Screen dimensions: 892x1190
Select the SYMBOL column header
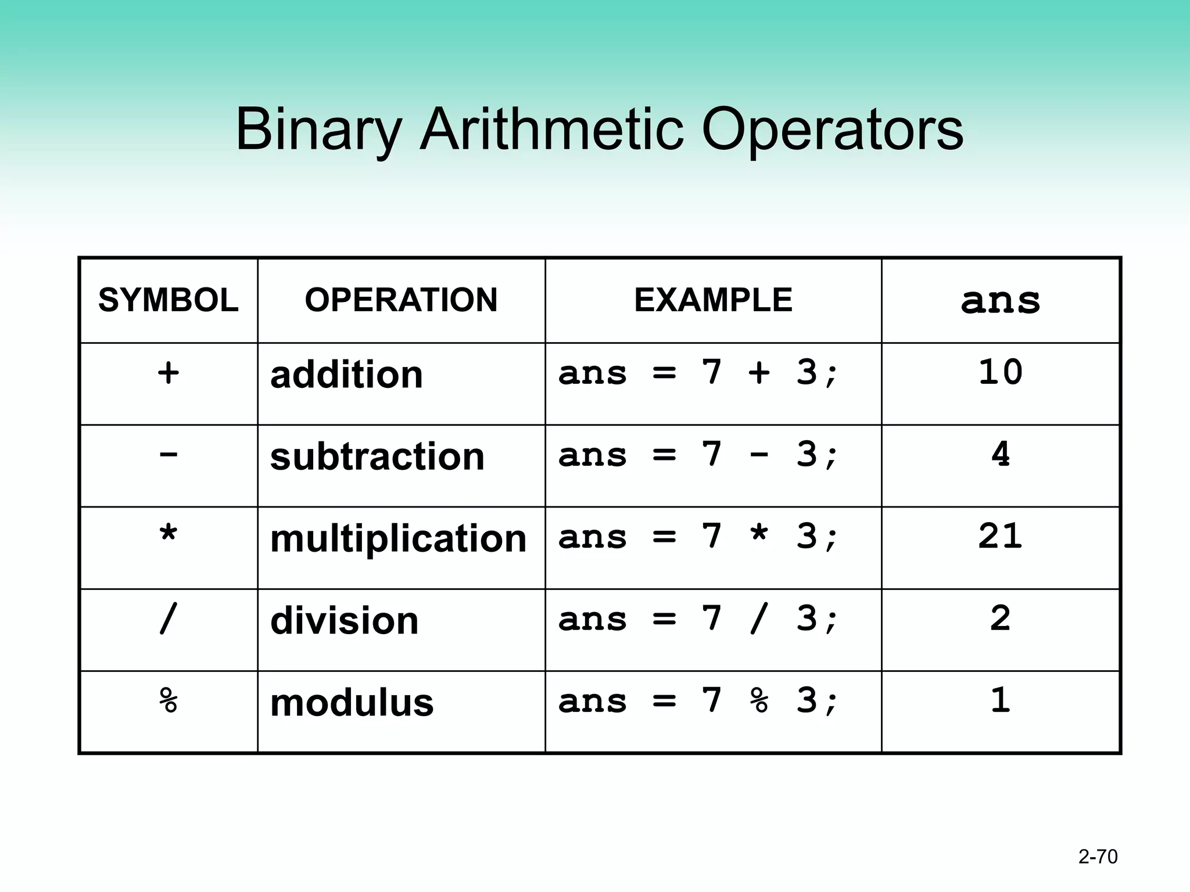tap(169, 300)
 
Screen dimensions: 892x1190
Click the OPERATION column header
tap(401, 300)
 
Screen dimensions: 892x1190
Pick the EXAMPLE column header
tap(713, 300)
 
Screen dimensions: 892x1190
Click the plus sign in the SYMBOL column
tap(169, 372)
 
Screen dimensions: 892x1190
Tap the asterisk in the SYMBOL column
tap(169, 535)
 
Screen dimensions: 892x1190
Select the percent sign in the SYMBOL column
tap(169, 700)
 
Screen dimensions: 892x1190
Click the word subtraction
tap(377, 456)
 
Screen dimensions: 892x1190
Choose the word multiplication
tap(398, 539)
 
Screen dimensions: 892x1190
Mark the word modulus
tap(352, 703)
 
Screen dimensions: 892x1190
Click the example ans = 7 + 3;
tap(698, 372)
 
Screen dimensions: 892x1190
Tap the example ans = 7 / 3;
tap(698, 619)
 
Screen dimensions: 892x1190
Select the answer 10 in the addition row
tap(1000, 372)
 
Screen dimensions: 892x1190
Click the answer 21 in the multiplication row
tap(1000, 536)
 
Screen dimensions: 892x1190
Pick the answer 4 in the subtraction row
tap(1000, 454)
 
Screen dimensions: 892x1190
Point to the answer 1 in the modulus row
tap(1000, 700)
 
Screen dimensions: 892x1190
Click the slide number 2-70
tap(1098, 857)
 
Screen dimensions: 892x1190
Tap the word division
tap(344, 621)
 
